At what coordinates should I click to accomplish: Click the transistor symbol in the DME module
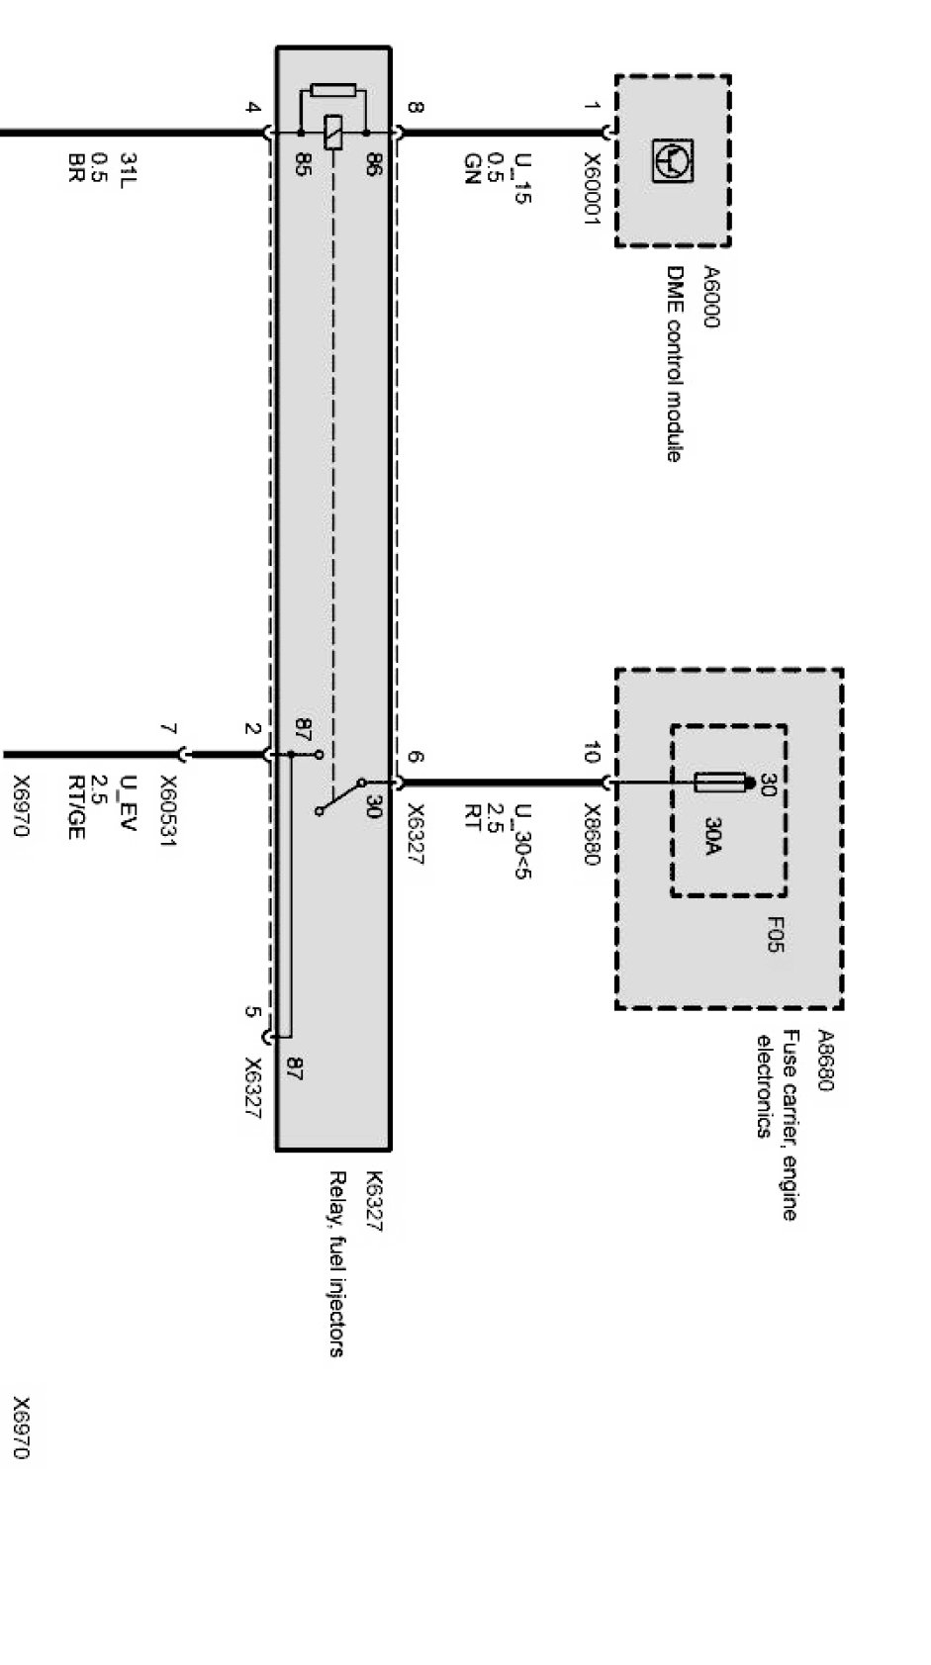click(673, 160)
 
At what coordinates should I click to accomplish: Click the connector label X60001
click(591, 189)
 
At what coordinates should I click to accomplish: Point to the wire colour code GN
click(472, 169)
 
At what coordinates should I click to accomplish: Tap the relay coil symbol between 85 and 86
click(333, 132)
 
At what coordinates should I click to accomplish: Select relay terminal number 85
click(303, 164)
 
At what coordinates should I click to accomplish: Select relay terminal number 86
click(373, 164)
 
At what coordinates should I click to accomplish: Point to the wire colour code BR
click(75, 168)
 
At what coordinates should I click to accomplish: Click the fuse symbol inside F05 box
click(718, 784)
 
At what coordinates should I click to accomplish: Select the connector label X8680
click(591, 833)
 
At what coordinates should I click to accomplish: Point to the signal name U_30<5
click(522, 842)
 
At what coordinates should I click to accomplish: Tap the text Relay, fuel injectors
click(336, 1263)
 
